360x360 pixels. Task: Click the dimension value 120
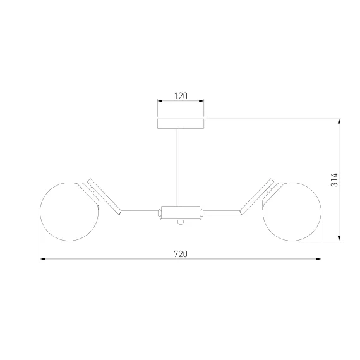pyautogui.click(x=181, y=96)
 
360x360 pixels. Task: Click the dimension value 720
pyautogui.click(x=181, y=254)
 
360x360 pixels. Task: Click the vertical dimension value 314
pyautogui.click(x=335, y=180)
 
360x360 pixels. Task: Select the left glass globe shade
pyautogui.click(x=69, y=212)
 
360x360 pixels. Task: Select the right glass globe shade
pyautogui.click(x=292, y=212)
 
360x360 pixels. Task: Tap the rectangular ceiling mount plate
pyautogui.click(x=181, y=124)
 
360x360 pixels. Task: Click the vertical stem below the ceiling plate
pyautogui.click(x=181, y=167)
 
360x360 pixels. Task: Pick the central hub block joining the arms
pyautogui.click(x=181, y=212)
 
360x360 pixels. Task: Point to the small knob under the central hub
pyautogui.click(x=181, y=222)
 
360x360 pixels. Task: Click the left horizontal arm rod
pyautogui.click(x=140, y=213)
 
